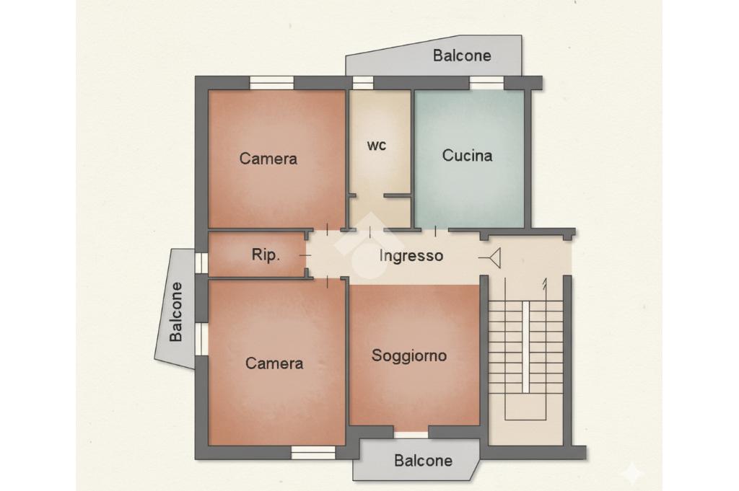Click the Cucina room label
pos(467,155)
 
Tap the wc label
pos(377,146)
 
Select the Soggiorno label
pos(409,355)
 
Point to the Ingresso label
pos(411,256)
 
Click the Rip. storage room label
pos(266,255)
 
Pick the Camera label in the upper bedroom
pos(268,159)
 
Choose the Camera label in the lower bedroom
pos(274,363)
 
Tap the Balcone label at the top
pos(462,56)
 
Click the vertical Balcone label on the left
pos(176,311)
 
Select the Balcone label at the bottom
pos(423,461)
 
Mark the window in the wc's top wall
pos(363,83)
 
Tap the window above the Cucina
pos(487,83)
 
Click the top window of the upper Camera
pos(271,83)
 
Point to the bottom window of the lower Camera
pos(313,453)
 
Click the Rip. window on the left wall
pos(202,262)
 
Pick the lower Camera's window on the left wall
pos(202,339)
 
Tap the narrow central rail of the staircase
pos(525,347)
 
